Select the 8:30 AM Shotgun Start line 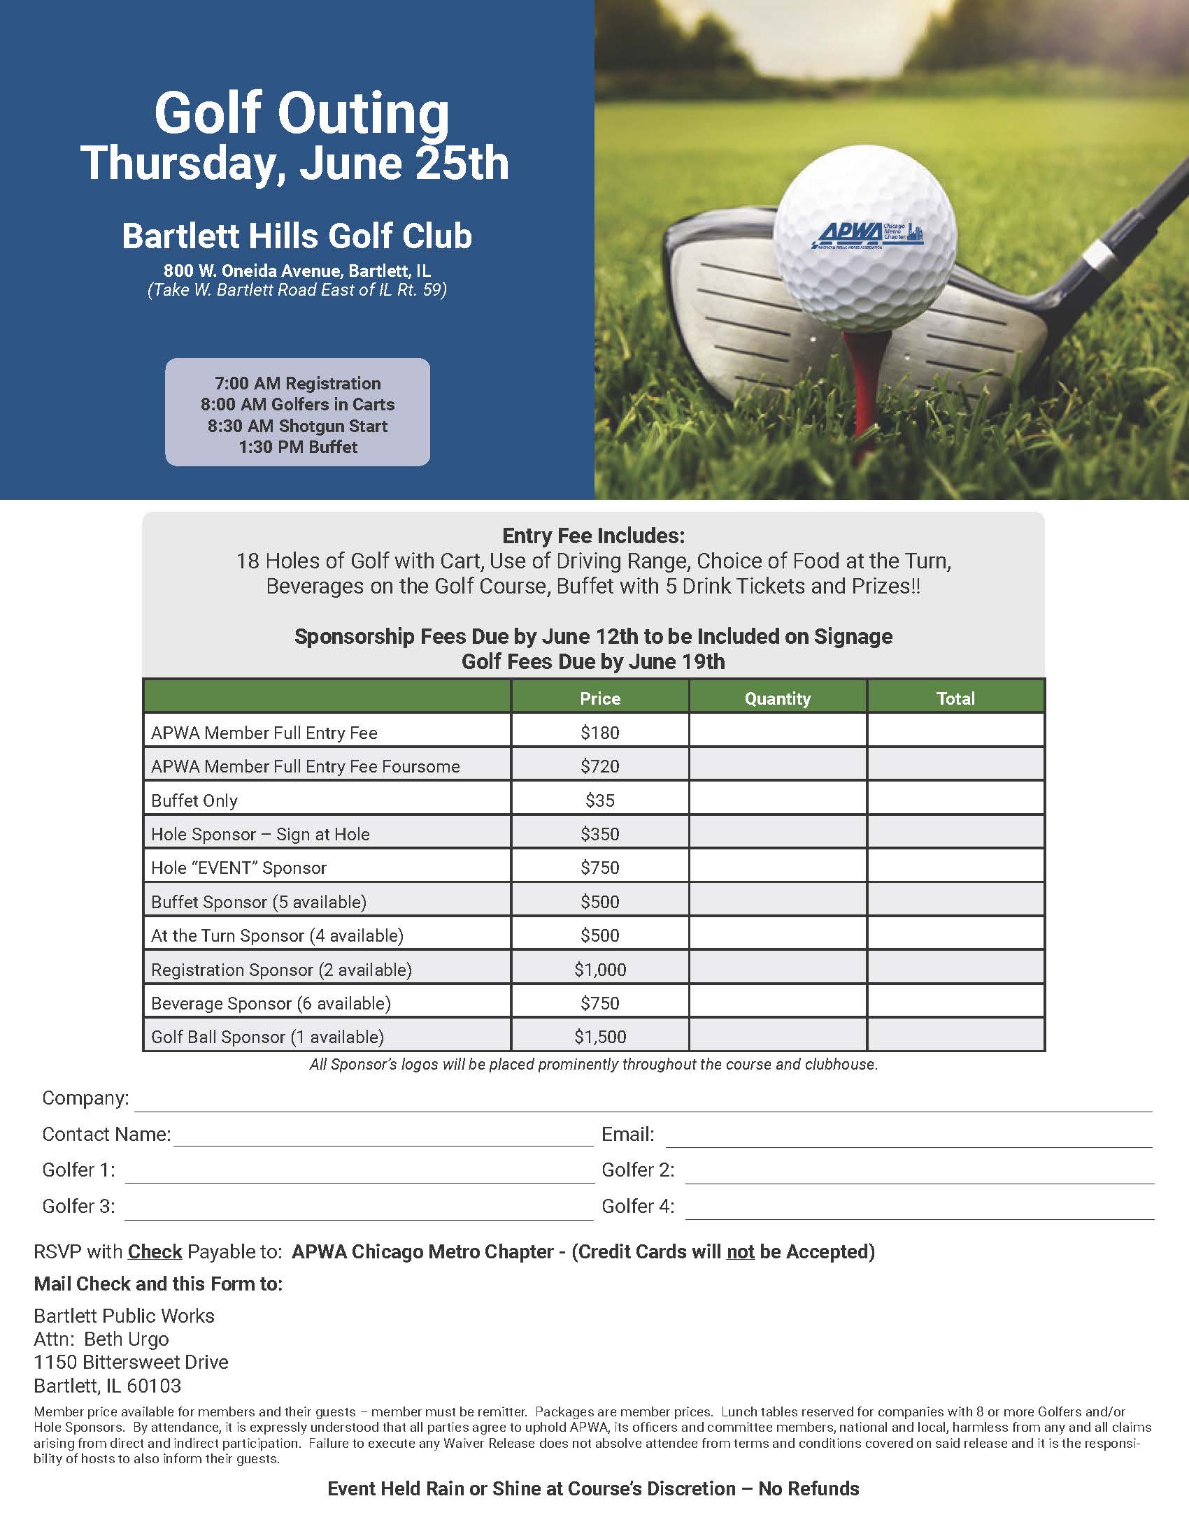coord(297,426)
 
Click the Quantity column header coord(778,698)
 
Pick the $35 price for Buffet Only coord(599,800)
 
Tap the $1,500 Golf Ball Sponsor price coord(599,1037)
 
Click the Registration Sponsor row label coord(281,970)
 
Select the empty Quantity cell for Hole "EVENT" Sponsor coord(778,868)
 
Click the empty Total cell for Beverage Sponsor coord(956,1002)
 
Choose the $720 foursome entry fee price coord(599,766)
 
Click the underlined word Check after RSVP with coord(155,1251)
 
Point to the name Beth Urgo coord(127,1339)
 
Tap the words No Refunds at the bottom coord(809,1488)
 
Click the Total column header coord(956,698)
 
